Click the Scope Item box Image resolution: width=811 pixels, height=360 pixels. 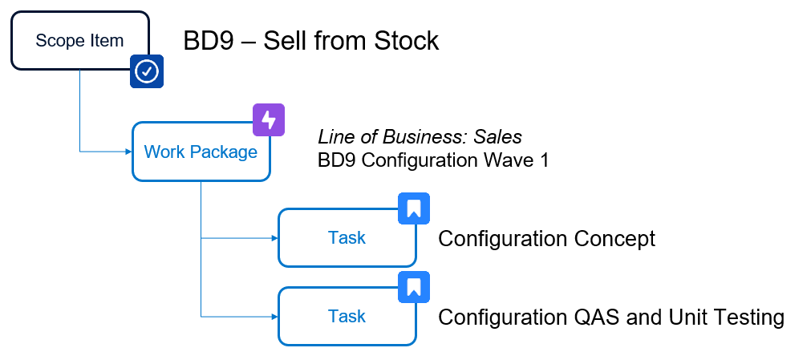click(79, 40)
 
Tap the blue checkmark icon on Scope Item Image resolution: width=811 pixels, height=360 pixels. click(147, 71)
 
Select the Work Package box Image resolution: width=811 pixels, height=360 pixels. click(201, 152)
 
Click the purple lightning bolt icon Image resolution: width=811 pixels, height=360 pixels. click(269, 120)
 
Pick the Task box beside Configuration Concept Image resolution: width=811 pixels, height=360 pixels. click(347, 237)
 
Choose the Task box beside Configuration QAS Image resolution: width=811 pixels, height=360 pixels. click(347, 316)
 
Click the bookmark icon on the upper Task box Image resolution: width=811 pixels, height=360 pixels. click(414, 208)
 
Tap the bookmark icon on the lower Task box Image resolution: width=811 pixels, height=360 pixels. click(414, 287)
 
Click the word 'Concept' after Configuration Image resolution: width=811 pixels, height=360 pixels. click(614, 238)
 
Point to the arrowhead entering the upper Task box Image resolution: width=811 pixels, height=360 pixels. click(274, 238)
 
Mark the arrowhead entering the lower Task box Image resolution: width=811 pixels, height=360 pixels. click(274, 317)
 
